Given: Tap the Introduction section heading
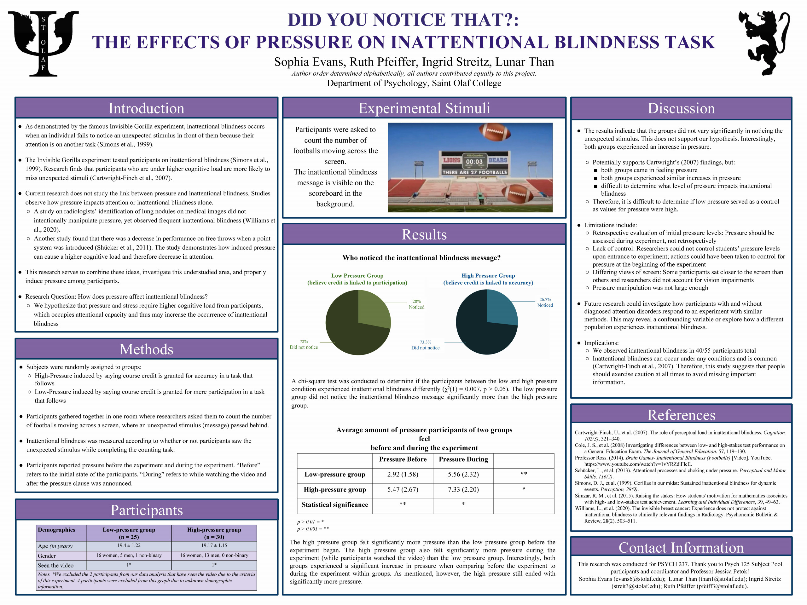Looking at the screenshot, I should point(146,108).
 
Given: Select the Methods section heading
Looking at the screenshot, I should point(146,349).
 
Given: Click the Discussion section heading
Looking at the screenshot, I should point(681,108).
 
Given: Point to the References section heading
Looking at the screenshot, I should point(681,415).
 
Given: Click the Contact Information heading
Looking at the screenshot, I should point(681,547).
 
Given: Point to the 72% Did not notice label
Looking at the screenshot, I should point(304,344).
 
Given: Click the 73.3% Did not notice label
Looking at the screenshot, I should point(425,345).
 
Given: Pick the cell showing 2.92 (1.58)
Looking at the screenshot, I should point(403,474).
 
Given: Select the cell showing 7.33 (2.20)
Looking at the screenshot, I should point(463,489).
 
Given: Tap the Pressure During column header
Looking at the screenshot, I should point(463,459).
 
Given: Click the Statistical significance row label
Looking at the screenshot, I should point(334,505).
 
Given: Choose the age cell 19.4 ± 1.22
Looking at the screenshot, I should point(129,545).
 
